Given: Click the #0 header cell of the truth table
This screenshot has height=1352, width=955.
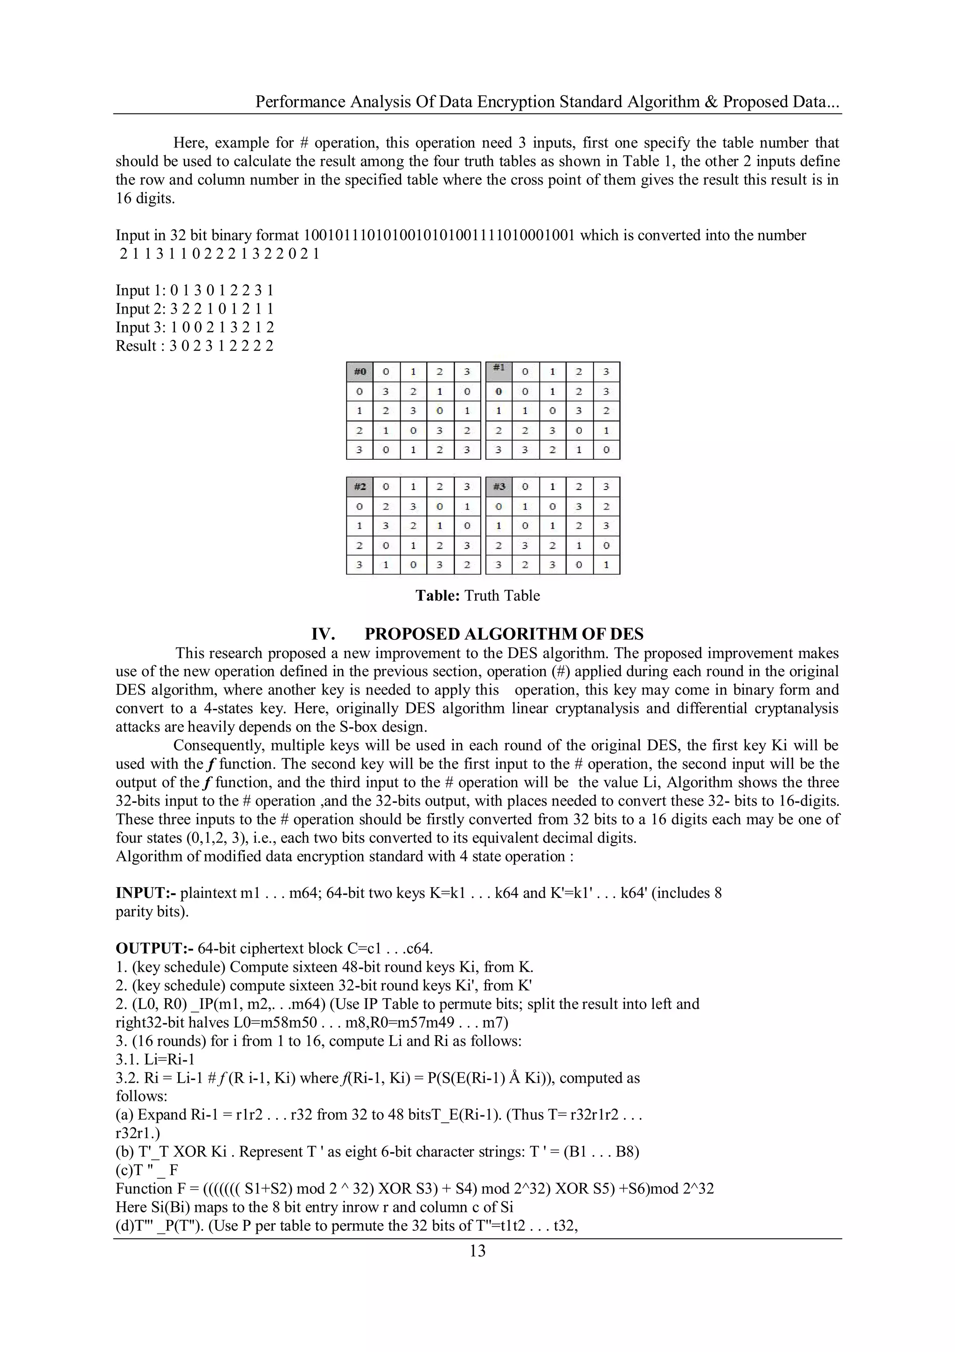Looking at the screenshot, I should [x=360, y=371].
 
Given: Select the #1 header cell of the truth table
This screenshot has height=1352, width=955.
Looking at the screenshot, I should [x=499, y=369].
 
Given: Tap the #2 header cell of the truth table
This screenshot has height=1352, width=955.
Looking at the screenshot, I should [x=360, y=487].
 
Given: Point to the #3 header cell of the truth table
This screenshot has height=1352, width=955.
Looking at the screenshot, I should [x=499, y=487].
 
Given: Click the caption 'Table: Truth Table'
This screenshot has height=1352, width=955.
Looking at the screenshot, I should [x=477, y=595].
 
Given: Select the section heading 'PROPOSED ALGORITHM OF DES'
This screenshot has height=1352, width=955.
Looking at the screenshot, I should [x=504, y=634].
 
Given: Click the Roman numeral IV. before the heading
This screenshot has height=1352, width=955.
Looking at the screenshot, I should [x=323, y=634].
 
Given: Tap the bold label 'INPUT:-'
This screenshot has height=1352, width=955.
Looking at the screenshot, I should [x=146, y=893].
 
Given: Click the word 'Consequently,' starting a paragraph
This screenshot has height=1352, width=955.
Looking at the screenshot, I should [x=219, y=745].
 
